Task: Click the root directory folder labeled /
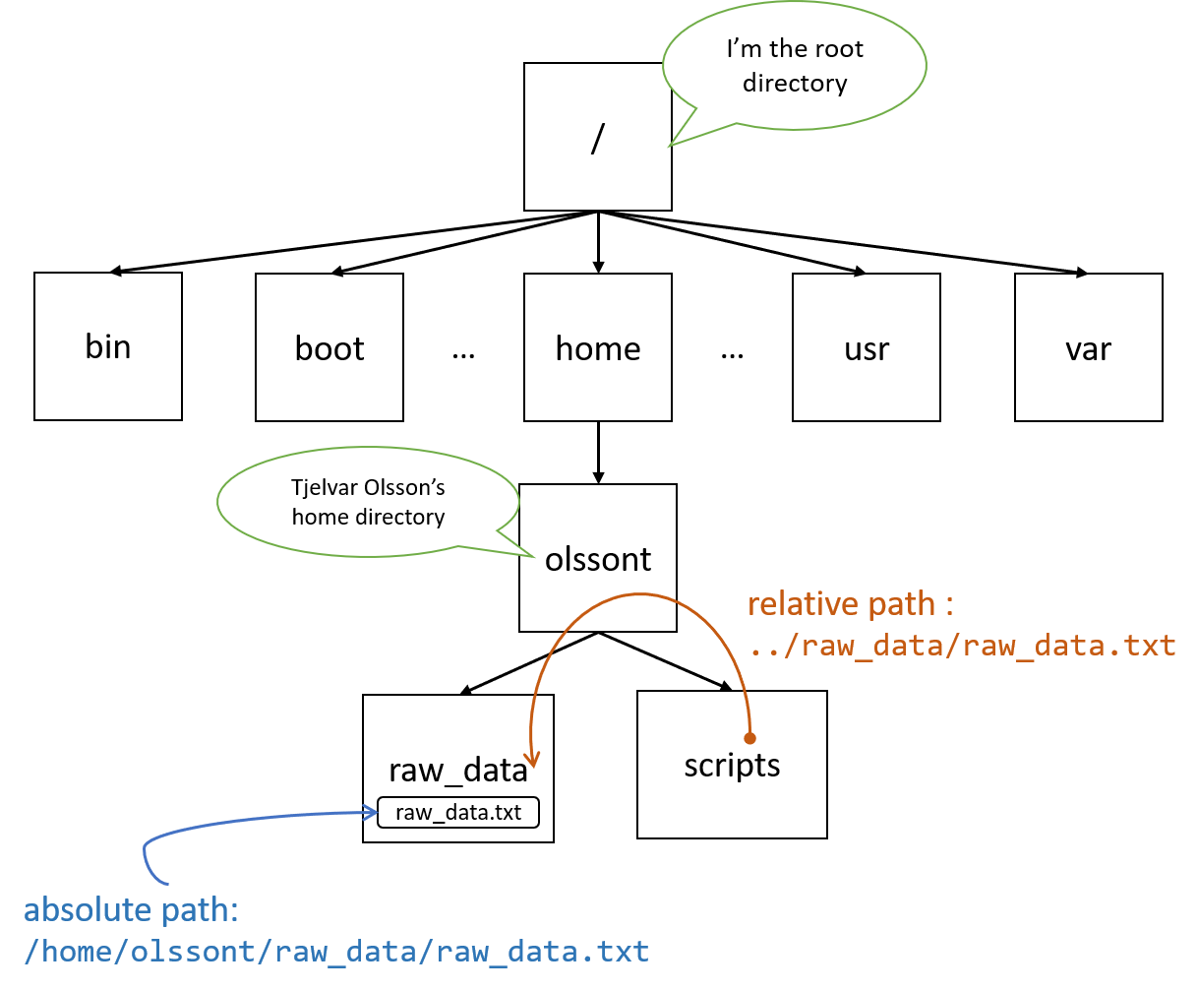pos(597,137)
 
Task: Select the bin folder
pos(108,346)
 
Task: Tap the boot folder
pos(329,347)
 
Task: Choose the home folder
pos(598,347)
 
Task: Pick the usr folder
pos(867,347)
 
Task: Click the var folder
pos(1088,347)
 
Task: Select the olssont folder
pos(598,558)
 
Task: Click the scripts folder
pos(732,765)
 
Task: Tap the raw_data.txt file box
pos(458,813)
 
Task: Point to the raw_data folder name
pos(458,770)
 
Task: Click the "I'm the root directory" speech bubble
pos(795,66)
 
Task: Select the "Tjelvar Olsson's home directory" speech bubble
pos(368,502)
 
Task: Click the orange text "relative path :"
pos(850,603)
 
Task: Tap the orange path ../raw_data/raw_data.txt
pos(962,646)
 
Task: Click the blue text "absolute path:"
pos(131,909)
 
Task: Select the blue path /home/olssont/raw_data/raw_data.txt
pos(336,952)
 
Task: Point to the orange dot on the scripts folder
pos(749,737)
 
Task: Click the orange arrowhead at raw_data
pos(532,759)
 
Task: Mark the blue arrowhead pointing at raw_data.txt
pos(371,813)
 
